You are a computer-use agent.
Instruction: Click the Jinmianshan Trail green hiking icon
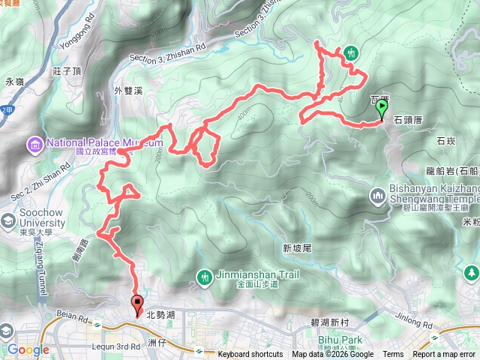point(205,277)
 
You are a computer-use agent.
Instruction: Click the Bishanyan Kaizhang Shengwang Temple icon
point(377,196)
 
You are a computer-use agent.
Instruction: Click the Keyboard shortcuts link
point(250,355)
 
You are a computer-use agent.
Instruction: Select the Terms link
point(393,355)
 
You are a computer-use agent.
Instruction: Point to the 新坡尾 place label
point(297,248)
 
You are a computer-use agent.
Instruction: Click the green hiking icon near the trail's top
point(350,53)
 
